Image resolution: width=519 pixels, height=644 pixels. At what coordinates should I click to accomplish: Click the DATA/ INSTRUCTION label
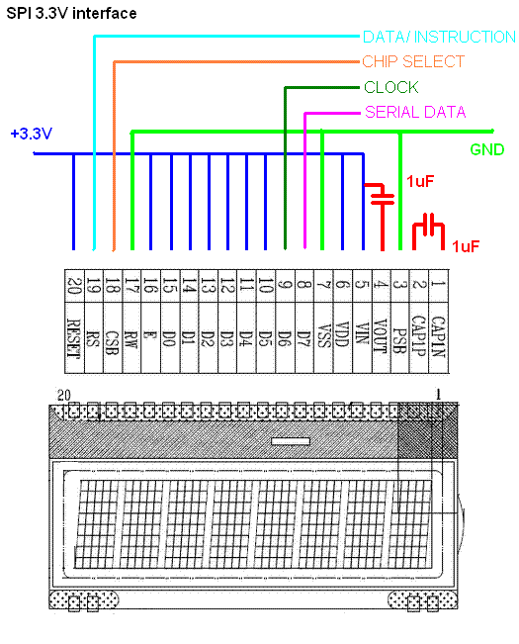click(x=439, y=37)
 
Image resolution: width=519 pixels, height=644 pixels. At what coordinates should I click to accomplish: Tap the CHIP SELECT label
click(x=413, y=61)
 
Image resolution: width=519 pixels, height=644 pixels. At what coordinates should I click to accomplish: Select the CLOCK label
click(x=391, y=87)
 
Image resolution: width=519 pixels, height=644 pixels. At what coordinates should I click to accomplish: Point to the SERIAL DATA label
click(x=415, y=112)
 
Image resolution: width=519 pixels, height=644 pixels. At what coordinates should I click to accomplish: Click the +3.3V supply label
click(x=32, y=134)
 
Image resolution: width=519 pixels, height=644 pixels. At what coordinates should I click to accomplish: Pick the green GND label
click(x=487, y=149)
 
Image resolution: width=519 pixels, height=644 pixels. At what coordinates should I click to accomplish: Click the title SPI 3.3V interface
click(x=71, y=13)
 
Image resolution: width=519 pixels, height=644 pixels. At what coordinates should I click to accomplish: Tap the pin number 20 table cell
click(x=74, y=286)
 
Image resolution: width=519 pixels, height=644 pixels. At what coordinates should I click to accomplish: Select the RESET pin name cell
click(x=74, y=338)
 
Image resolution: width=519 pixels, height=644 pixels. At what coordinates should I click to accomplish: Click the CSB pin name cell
click(x=113, y=338)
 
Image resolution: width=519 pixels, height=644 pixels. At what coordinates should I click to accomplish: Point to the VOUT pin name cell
click(x=382, y=338)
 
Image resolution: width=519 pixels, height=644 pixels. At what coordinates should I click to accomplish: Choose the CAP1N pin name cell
click(x=439, y=338)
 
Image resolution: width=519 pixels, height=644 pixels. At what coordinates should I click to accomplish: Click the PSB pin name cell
click(x=400, y=338)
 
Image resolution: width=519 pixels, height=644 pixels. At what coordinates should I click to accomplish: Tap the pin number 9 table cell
click(x=285, y=286)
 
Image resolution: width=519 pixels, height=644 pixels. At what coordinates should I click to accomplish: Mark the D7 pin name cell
click(x=304, y=338)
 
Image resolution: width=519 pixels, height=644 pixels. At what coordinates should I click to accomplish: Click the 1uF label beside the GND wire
click(x=420, y=181)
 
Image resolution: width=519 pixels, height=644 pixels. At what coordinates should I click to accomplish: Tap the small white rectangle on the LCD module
click(x=291, y=441)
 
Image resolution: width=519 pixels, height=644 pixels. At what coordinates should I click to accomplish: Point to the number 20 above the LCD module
click(x=63, y=395)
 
